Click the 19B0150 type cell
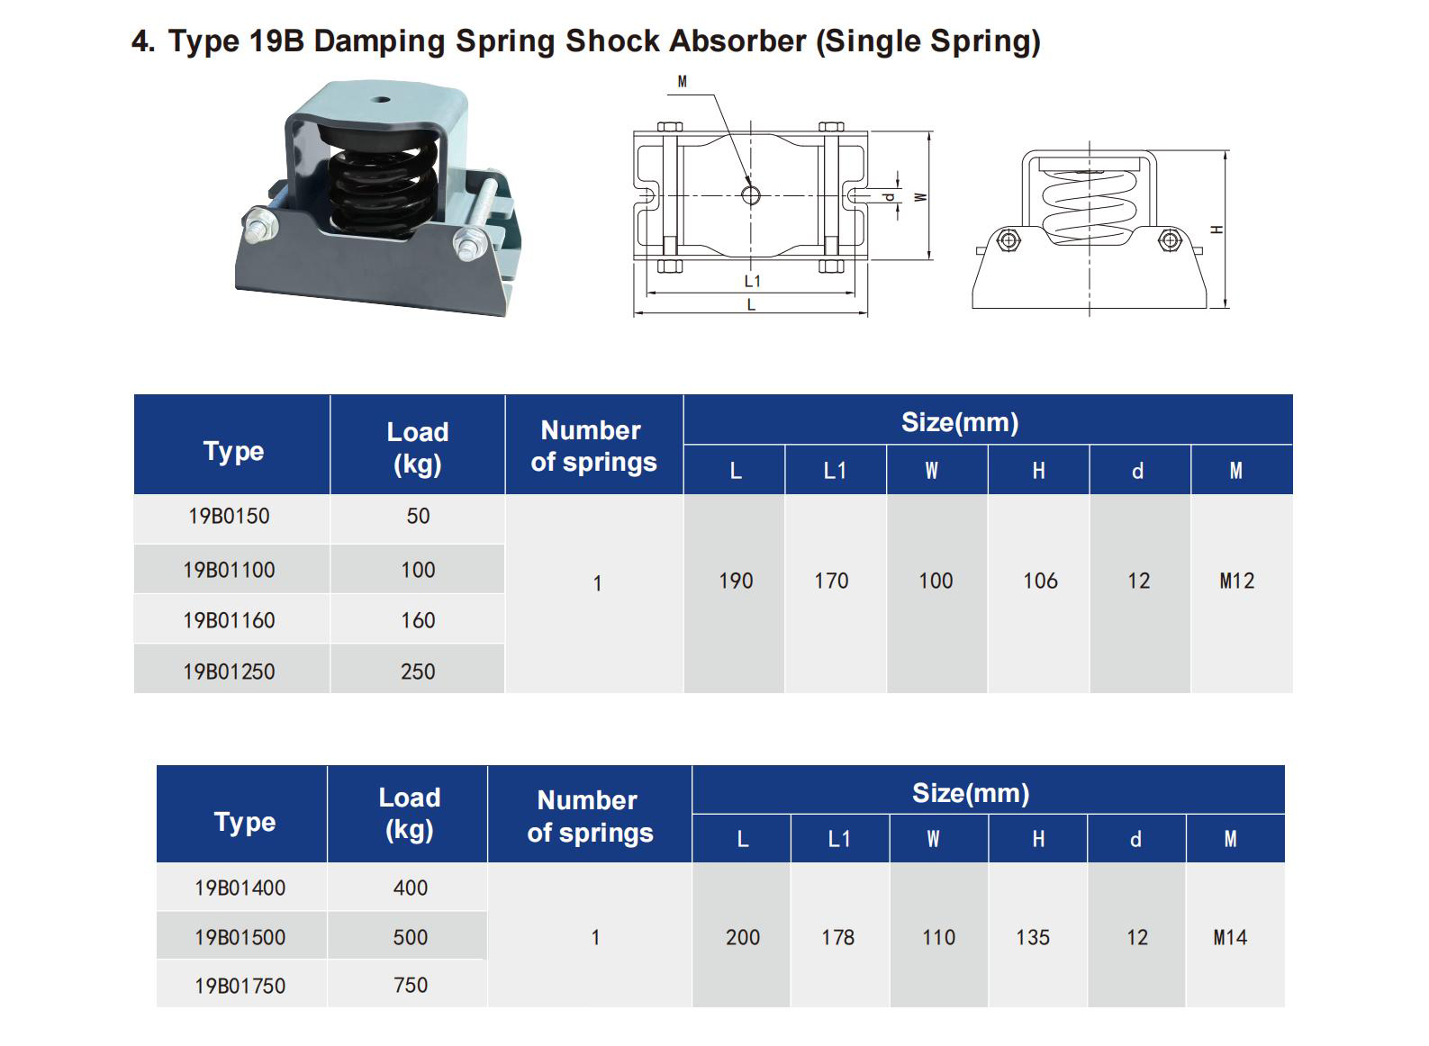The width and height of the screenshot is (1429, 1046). [229, 517]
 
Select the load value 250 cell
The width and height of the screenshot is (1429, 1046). [418, 672]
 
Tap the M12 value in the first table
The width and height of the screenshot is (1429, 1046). [1237, 582]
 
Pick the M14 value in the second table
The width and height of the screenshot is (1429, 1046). [1230, 938]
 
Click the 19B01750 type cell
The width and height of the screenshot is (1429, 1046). [240, 986]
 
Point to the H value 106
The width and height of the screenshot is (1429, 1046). [1040, 582]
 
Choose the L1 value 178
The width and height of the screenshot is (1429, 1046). [837, 938]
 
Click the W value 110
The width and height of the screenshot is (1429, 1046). [938, 938]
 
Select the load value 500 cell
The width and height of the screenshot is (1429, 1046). [410, 937]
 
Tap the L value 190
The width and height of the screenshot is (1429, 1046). [736, 582]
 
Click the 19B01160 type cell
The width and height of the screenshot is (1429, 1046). [229, 620]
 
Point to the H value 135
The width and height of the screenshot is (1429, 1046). [1033, 938]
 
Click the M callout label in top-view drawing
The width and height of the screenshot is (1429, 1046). [682, 82]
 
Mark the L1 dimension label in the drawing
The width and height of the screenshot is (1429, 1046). [753, 281]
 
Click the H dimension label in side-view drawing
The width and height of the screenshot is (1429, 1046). [1216, 230]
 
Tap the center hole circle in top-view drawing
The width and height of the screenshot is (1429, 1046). [751, 195]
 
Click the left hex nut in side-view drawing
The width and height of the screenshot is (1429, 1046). [1008, 240]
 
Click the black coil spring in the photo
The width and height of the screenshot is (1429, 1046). [383, 185]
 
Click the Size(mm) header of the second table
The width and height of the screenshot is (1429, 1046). [970, 793]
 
